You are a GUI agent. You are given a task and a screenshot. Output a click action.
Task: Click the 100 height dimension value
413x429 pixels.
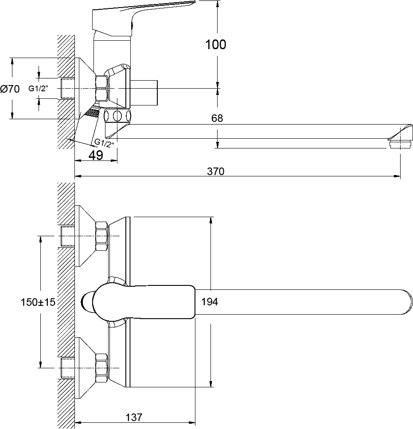(216, 44)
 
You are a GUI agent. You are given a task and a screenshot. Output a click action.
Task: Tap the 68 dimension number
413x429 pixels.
(217, 118)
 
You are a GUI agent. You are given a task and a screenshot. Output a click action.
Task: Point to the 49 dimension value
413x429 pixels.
(96, 155)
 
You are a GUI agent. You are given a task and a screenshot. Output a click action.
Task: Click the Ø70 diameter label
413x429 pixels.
(10, 89)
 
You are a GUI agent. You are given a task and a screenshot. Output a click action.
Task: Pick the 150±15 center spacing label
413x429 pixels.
(38, 302)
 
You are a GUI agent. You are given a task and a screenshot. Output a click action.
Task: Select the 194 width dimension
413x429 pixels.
(210, 302)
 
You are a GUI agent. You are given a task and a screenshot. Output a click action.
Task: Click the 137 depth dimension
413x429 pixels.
(134, 417)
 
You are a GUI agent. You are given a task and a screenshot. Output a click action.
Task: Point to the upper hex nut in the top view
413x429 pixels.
(101, 236)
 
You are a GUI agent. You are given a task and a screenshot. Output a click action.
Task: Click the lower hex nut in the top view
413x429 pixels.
(101, 367)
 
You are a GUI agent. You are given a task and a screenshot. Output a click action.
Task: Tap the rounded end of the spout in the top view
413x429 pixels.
(405, 302)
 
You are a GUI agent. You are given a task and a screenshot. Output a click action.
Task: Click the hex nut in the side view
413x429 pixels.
(102, 89)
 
